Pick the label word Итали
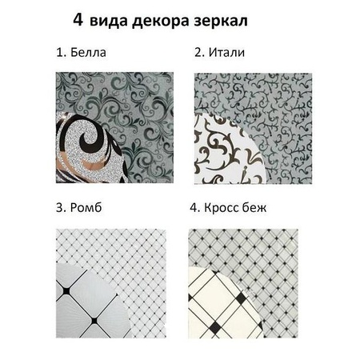click(226, 54)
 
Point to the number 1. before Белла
click(61, 54)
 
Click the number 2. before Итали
click(199, 54)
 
